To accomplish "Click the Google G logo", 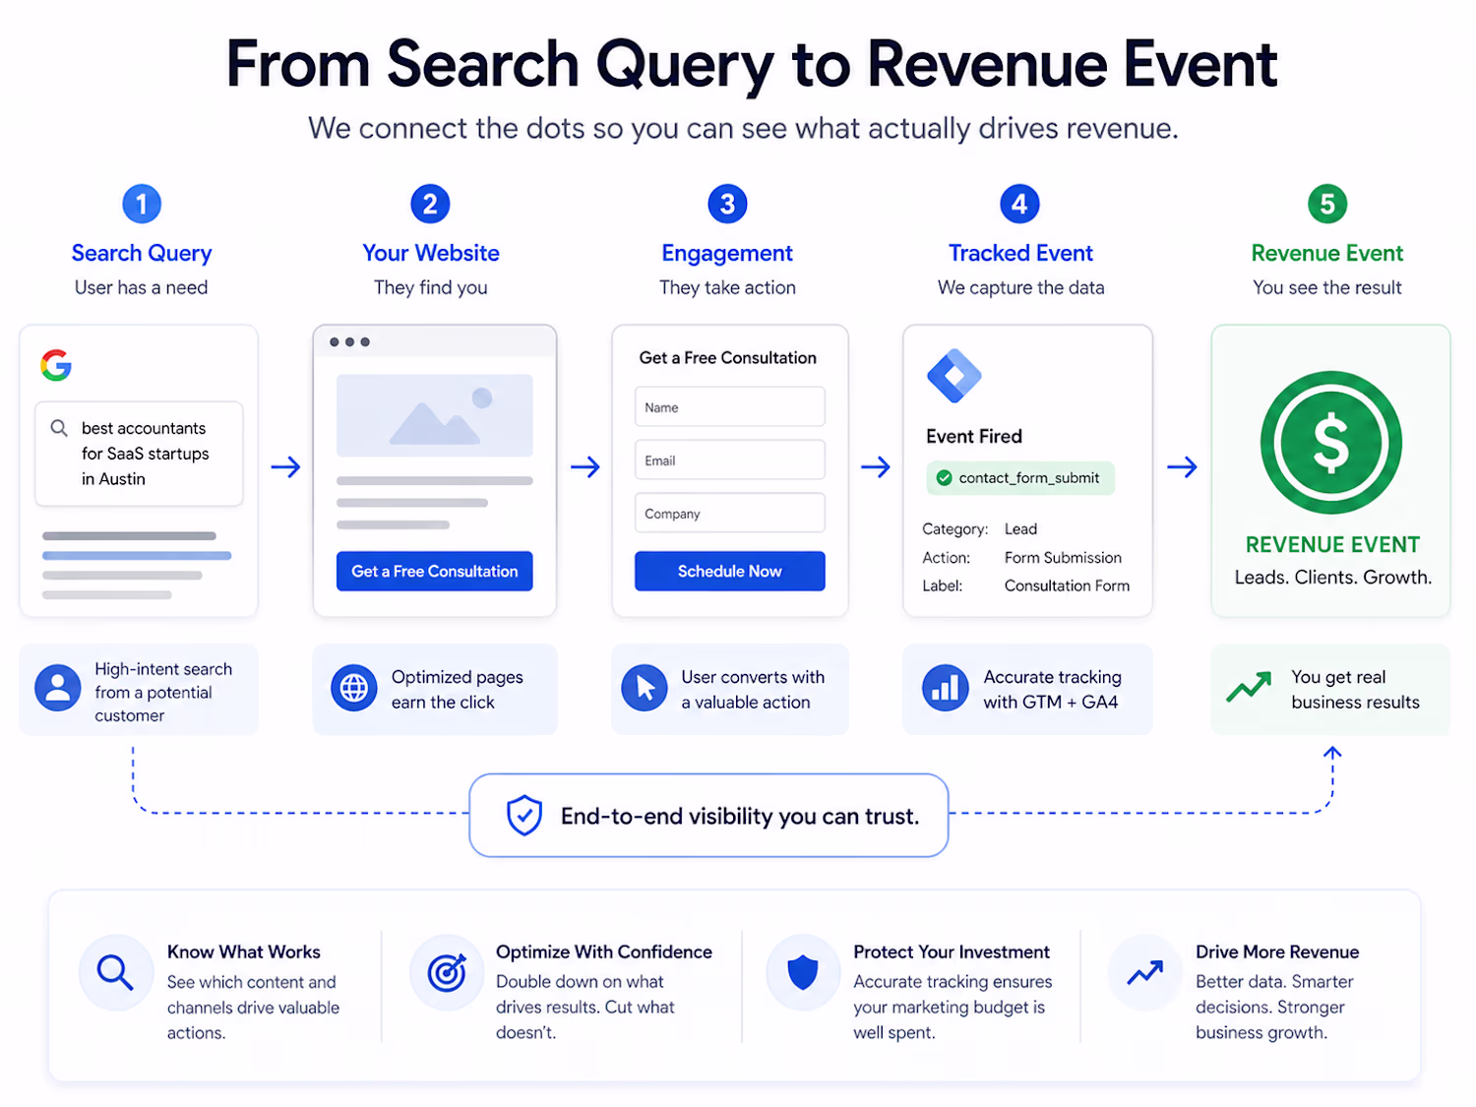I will pos(56,365).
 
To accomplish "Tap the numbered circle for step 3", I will pos(727,204).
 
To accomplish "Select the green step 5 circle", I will pos(1326,204).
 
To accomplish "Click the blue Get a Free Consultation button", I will pos(434,571).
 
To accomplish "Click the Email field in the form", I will pos(729,461).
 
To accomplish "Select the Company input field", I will pos(729,514).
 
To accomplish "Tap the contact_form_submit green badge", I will pos(1019,478).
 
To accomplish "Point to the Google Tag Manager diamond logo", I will pos(953,376).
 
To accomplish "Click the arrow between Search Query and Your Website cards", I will pos(285,466).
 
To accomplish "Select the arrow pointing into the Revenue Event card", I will pos(1182,466).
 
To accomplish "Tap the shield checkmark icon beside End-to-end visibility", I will pos(524,815).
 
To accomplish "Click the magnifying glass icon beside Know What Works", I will pos(115,972).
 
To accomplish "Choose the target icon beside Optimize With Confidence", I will pos(447,972).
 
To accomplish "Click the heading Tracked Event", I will pos(1020,253).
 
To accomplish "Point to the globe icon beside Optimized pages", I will pos(353,688).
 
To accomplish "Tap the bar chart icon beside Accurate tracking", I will pos(945,688).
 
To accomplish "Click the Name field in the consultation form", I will pos(729,407).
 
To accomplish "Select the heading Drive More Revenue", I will pos(1276,952).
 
